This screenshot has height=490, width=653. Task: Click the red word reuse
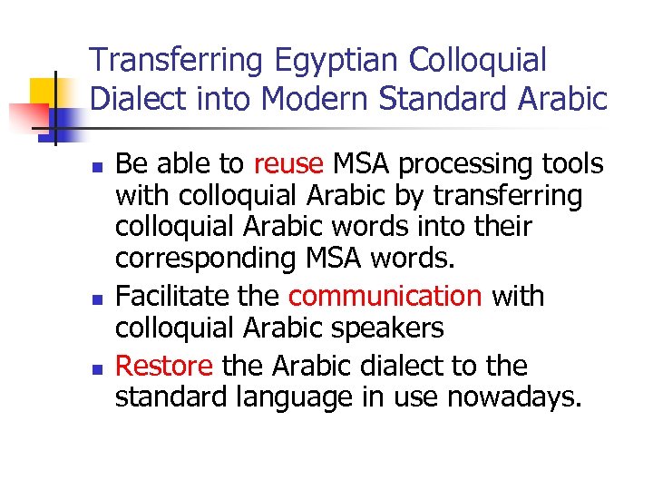(x=288, y=164)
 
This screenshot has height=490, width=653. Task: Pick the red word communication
(x=385, y=297)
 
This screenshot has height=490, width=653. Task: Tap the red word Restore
(x=164, y=366)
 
